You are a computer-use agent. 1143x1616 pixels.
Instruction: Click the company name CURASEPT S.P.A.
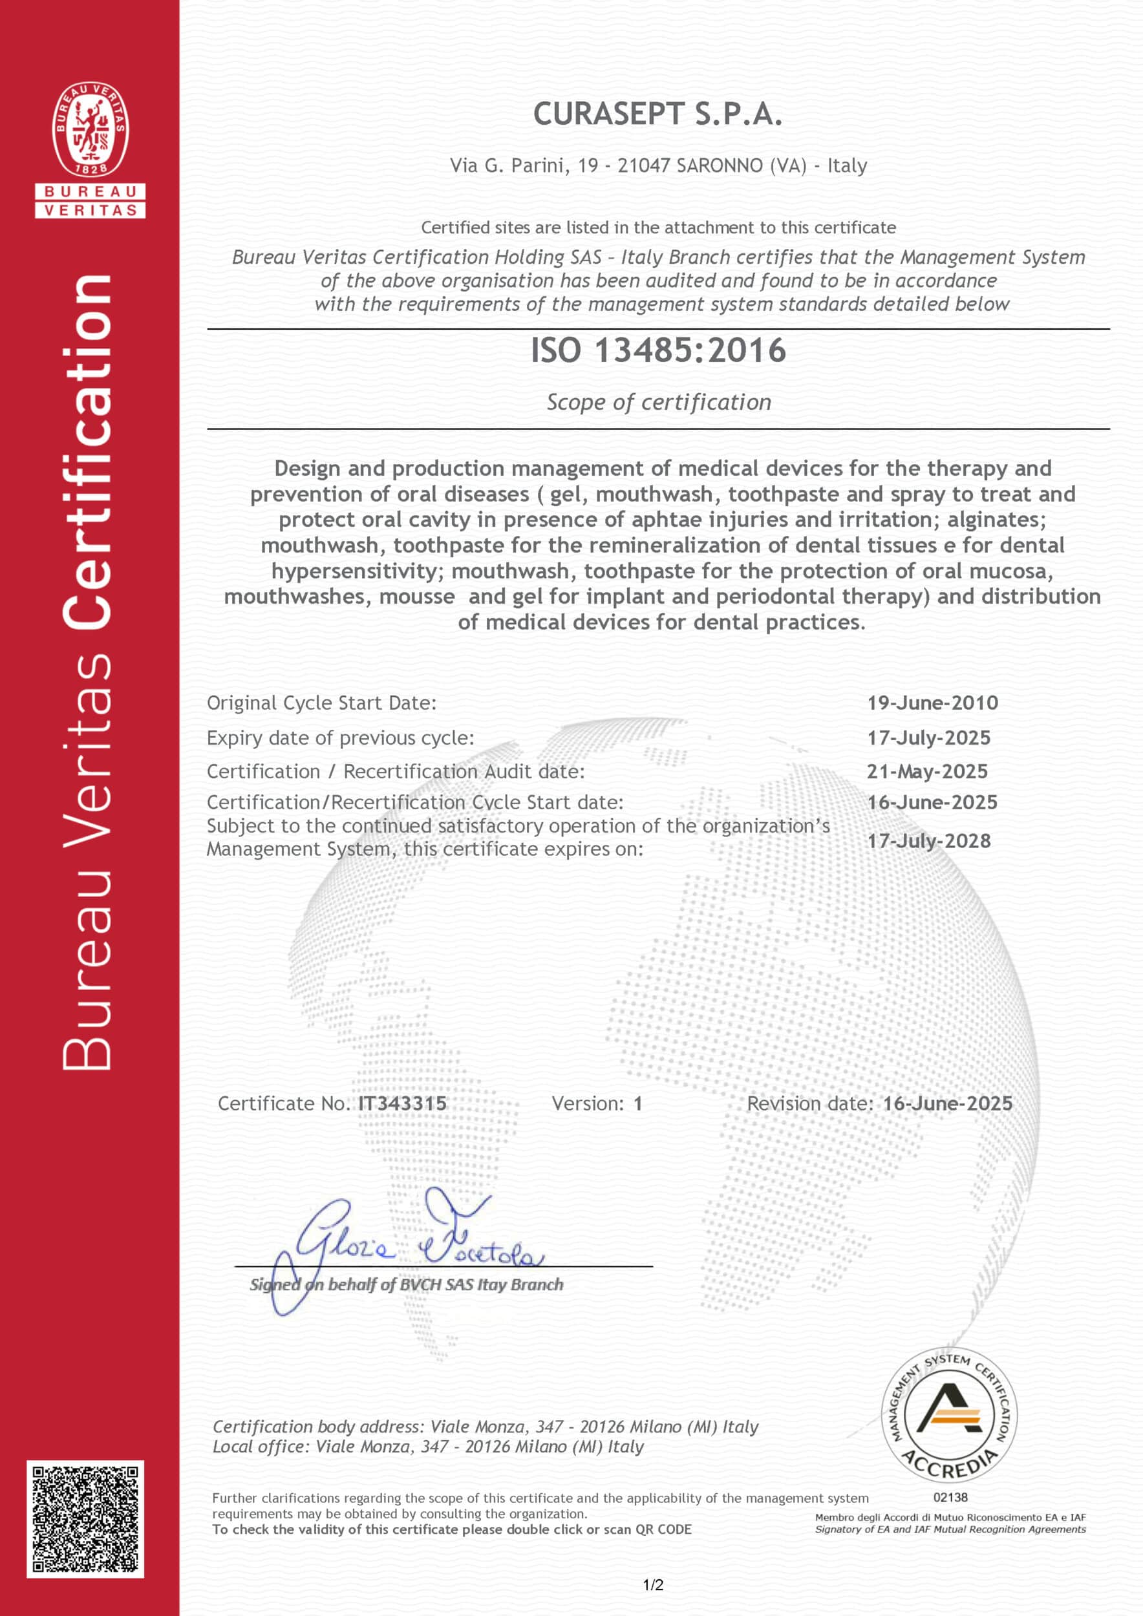(657, 114)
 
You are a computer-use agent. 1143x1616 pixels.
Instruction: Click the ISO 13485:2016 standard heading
(657, 350)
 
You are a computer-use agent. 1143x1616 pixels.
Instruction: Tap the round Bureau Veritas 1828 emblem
(90, 129)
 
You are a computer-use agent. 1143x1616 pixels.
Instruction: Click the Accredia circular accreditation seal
(950, 1416)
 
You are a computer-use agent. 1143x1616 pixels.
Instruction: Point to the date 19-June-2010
(932, 703)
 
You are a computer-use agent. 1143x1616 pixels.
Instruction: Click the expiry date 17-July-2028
(928, 840)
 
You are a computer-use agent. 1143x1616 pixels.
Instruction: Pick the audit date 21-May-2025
(927, 771)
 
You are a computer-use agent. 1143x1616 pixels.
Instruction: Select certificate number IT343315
(403, 1103)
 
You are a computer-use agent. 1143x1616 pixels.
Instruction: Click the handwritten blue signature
(415, 1242)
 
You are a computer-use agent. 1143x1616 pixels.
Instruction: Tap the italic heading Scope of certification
(659, 402)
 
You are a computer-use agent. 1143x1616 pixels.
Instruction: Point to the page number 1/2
(653, 1585)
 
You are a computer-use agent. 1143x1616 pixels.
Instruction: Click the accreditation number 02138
(950, 1497)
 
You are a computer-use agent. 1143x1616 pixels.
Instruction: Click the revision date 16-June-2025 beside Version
(947, 1103)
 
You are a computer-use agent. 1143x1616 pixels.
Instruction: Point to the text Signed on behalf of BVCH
(406, 1284)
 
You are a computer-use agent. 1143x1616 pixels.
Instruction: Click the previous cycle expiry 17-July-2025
(928, 738)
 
